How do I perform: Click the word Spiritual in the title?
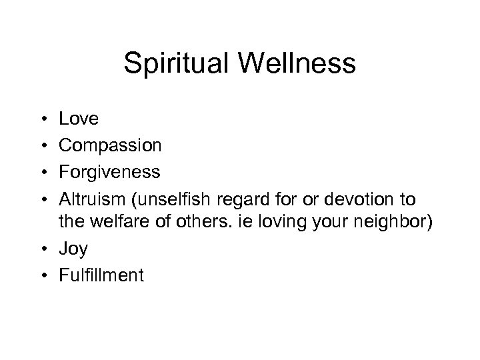click(174, 64)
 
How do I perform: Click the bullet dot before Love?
click(42, 119)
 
